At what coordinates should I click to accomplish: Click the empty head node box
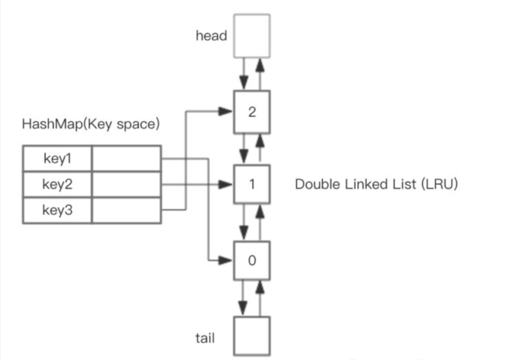coord(252,36)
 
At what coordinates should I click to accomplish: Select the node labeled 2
coord(252,112)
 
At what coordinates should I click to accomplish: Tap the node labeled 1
coord(252,184)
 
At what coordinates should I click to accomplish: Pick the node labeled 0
coord(252,261)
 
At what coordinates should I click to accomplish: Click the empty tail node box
coord(252,336)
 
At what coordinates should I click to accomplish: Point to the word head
coord(211,36)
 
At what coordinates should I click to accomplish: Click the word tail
coord(205,338)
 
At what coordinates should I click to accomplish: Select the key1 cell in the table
coord(57,158)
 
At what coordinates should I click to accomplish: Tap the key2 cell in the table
coord(57,184)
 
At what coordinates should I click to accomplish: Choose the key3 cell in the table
coord(57,210)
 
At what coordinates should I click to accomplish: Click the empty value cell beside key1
coord(126,158)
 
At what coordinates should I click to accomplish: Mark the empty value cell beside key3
coord(126,210)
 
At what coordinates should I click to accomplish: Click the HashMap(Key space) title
coord(91,124)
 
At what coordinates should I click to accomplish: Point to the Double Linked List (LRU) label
coord(376,184)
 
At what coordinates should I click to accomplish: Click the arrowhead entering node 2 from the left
coord(225,111)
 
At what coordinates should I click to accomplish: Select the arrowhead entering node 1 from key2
coord(225,184)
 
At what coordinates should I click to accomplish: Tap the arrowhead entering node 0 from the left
coord(225,261)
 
